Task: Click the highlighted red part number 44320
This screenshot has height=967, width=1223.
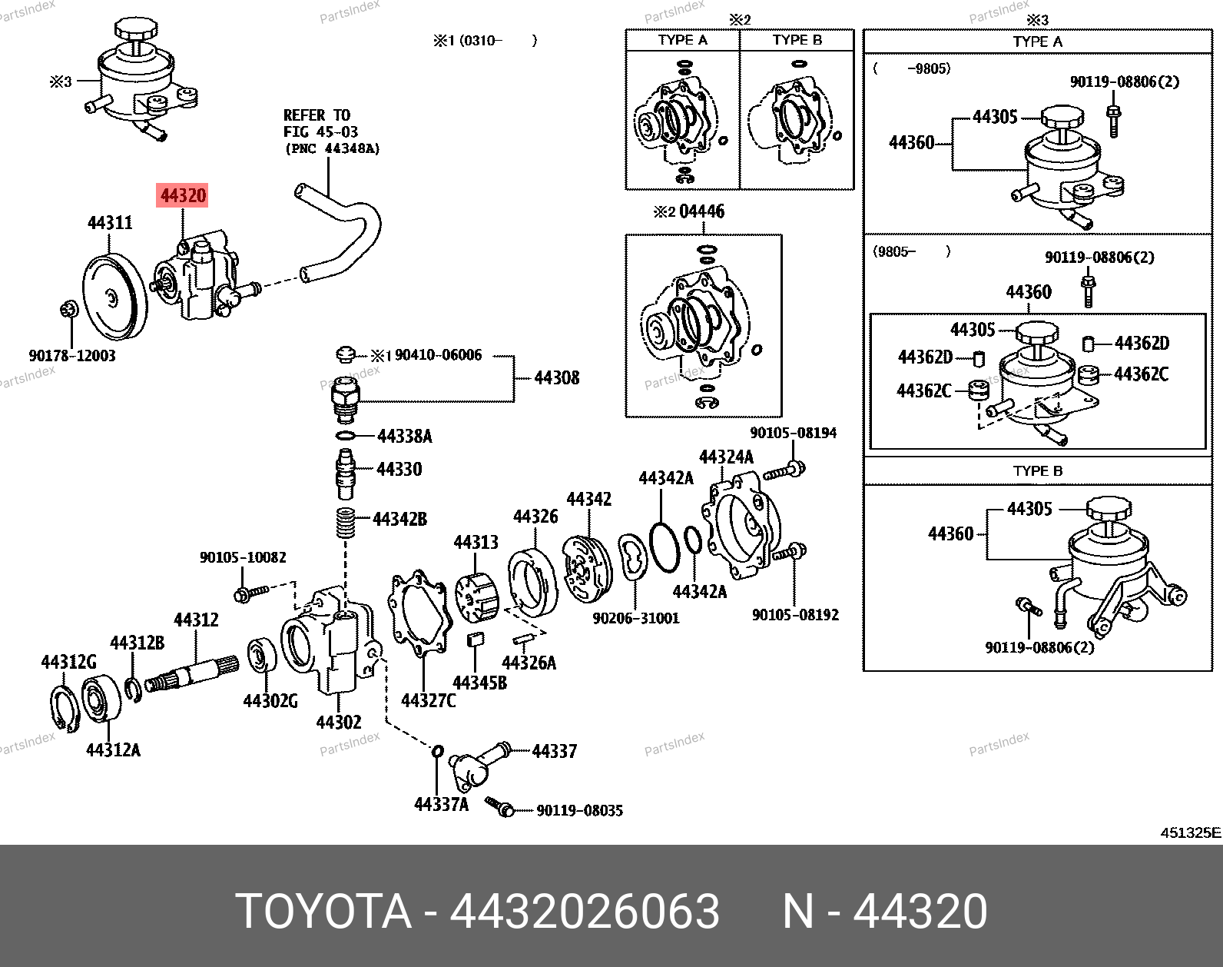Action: [183, 195]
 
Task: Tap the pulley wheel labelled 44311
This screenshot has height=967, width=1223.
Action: [114, 295]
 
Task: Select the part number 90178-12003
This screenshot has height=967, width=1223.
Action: [72, 356]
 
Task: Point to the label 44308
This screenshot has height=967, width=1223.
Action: [556, 377]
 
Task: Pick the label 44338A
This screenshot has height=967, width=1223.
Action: [404, 437]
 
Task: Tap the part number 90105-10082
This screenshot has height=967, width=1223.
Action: [243, 557]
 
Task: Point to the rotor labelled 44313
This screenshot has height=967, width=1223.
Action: [476, 596]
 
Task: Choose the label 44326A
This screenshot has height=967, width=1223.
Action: [529, 663]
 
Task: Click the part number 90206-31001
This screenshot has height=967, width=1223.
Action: [636, 618]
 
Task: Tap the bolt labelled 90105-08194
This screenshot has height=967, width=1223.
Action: [784, 470]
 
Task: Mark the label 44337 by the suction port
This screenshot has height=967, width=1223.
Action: [554, 751]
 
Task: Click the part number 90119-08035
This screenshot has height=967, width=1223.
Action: [579, 810]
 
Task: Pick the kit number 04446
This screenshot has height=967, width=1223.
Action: [701, 211]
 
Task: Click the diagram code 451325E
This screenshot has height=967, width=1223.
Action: [1190, 832]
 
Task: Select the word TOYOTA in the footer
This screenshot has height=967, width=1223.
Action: [323, 912]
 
